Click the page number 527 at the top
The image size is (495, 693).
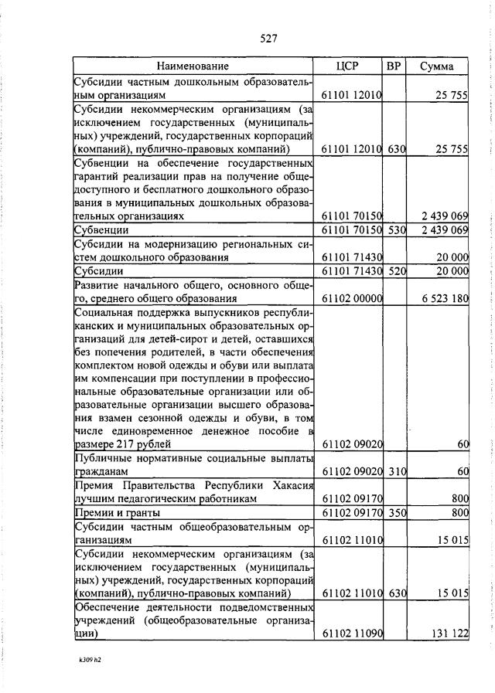(268, 38)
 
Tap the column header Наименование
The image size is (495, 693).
(193, 66)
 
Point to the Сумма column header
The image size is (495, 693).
(437, 66)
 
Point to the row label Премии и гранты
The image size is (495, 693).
(117, 511)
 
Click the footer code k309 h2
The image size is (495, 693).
(90, 661)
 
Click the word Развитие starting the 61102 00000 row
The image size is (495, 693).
(96, 285)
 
